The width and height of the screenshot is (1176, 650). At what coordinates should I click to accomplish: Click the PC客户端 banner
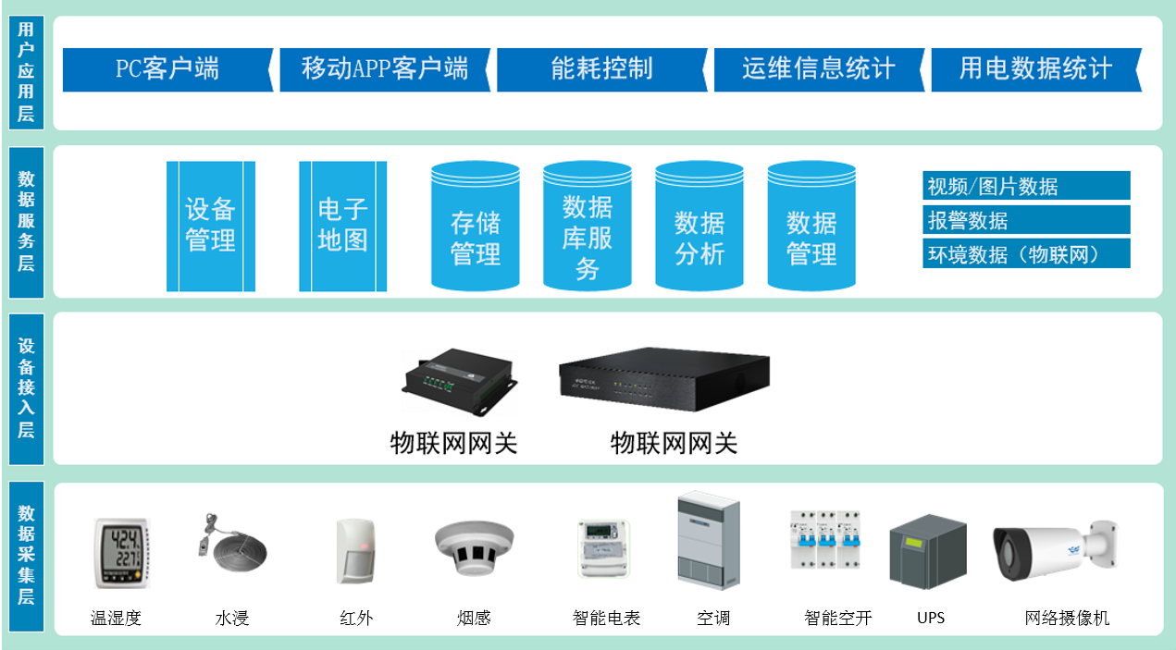[167, 69]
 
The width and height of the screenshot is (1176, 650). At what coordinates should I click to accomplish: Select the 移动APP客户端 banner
[384, 69]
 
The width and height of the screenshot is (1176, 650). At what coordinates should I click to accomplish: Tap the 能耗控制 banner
[601, 69]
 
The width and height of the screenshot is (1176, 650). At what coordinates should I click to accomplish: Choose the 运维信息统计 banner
[819, 69]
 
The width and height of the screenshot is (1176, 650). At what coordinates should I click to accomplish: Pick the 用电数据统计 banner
[1035, 69]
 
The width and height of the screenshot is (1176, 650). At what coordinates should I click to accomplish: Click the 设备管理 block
[211, 226]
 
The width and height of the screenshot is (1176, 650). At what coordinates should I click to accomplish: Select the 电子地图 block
[342, 226]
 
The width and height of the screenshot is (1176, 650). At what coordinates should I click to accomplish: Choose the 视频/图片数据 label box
[1026, 186]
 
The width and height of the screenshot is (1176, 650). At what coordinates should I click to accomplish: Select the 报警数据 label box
[1026, 220]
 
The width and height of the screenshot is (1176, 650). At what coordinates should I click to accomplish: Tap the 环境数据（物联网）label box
[1026, 253]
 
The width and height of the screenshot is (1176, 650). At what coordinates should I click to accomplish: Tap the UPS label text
[931, 618]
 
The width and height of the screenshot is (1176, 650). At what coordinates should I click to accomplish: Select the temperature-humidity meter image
[121, 552]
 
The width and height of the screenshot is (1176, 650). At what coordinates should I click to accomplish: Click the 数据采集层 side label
[26, 555]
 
